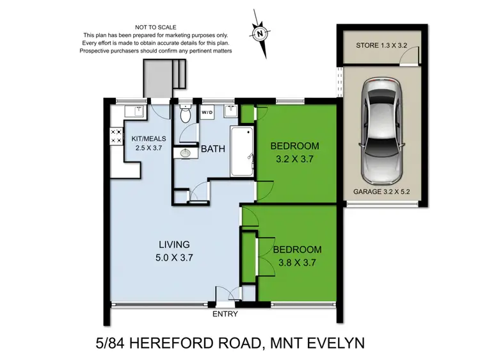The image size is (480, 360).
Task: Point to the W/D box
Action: coord(208,113)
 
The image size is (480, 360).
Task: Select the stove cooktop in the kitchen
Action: coord(118,135)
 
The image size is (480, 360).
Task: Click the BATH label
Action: coord(212,149)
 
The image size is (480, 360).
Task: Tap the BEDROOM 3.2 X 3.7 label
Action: coord(294,151)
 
